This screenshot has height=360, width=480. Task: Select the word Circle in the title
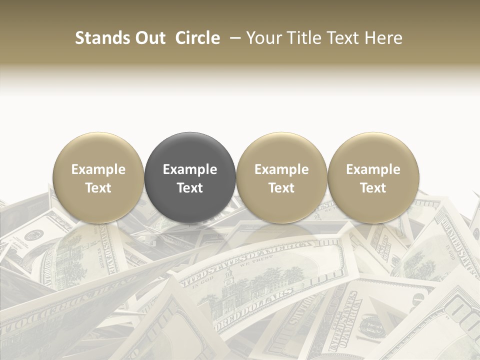click(197, 38)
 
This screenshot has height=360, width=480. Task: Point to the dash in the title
click(233, 38)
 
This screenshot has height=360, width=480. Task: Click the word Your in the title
click(263, 38)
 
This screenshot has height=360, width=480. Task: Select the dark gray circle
click(190, 177)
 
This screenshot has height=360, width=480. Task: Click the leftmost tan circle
click(98, 177)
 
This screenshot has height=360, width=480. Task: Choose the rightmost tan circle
click(373, 177)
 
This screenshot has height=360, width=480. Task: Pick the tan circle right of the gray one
click(281, 177)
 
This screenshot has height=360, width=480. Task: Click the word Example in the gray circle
click(190, 169)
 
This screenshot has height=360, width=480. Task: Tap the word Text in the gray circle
click(190, 188)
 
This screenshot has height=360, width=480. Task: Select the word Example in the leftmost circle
click(98, 169)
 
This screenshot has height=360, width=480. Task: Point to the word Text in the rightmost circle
click(373, 188)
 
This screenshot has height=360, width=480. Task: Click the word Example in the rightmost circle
click(373, 169)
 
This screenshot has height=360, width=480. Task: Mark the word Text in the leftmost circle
click(98, 188)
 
